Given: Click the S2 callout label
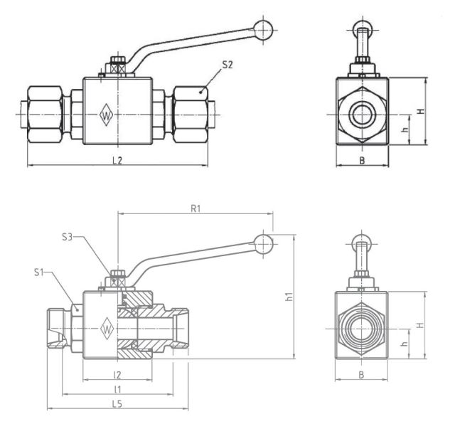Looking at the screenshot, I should click(227, 65).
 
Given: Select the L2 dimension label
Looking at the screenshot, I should click(117, 160).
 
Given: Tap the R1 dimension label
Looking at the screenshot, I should click(196, 208).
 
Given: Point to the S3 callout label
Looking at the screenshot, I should click(68, 236).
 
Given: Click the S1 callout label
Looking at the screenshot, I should click(41, 272).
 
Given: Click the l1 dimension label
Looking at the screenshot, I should click(117, 389).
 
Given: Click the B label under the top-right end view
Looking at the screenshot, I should click(362, 161).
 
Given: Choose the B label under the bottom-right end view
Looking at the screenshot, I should click(362, 374).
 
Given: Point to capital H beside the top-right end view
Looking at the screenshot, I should click(420, 112).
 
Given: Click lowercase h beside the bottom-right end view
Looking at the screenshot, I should click(404, 344).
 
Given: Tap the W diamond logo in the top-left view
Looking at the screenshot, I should click(107, 115).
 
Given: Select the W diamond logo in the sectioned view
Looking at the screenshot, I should click(107, 328).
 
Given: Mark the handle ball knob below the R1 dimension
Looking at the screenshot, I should click(264, 244).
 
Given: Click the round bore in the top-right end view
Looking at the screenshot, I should click(362, 114).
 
